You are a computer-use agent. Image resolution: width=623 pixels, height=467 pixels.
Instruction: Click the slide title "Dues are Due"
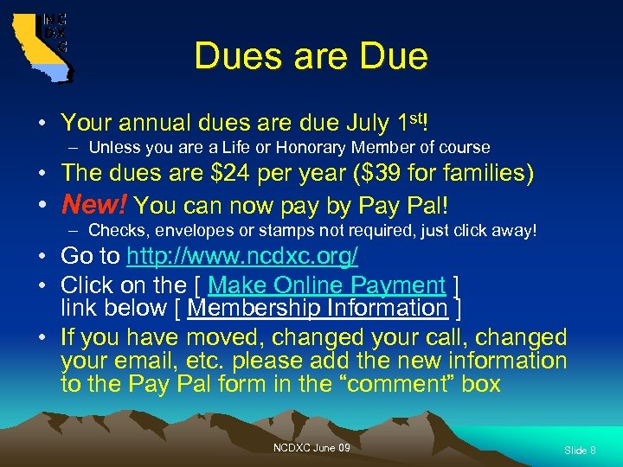[x=311, y=56]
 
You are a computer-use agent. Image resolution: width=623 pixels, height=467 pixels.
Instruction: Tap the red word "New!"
[x=94, y=206]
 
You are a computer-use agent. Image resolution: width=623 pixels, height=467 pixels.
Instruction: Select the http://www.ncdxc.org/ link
[x=242, y=258]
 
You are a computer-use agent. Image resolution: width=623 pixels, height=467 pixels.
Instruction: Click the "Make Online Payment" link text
[x=326, y=285]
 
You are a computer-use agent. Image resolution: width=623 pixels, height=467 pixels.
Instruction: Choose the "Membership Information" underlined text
[x=317, y=308]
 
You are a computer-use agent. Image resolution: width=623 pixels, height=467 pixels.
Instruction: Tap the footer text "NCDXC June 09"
[x=311, y=447]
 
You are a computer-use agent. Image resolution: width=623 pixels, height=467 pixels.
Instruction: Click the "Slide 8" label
[x=580, y=451]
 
